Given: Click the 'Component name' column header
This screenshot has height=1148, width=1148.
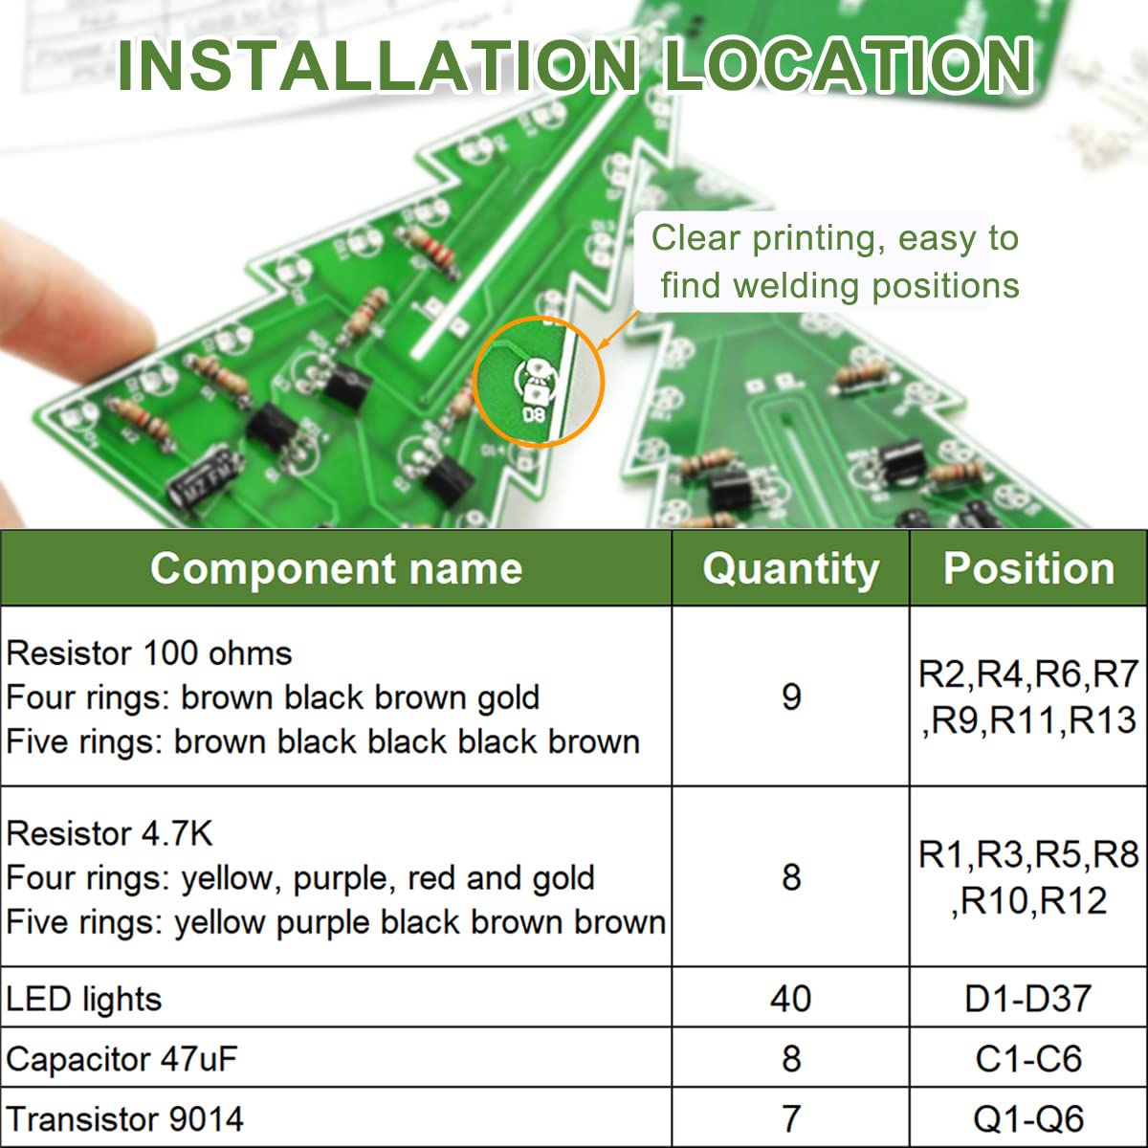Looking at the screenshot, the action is [x=336, y=568].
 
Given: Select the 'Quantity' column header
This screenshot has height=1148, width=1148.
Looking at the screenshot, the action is [x=790, y=568].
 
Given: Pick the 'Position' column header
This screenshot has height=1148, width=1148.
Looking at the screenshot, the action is [x=1028, y=568].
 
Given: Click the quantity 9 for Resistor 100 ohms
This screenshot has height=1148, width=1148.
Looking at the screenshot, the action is [x=790, y=696].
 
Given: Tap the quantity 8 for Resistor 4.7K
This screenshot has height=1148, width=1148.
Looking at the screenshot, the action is [x=790, y=876].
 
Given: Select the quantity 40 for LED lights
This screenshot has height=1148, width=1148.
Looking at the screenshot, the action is [x=790, y=999].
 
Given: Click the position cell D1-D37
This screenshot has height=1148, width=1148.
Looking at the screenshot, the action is [x=1028, y=999].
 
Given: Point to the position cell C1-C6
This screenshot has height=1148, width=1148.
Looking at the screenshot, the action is [x=1028, y=1059].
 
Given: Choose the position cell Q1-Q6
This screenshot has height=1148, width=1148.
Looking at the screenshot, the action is [x=1028, y=1118].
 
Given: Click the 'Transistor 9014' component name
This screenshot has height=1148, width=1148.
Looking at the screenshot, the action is [x=124, y=1118].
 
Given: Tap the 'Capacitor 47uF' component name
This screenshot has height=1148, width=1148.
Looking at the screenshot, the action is [x=121, y=1059].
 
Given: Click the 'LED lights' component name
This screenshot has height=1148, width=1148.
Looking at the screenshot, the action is [x=84, y=999].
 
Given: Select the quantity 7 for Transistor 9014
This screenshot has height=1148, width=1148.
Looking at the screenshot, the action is [x=790, y=1118].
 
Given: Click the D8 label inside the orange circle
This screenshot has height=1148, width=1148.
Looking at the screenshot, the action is [x=533, y=414].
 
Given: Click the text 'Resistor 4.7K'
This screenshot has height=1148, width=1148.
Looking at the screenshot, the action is [x=109, y=833].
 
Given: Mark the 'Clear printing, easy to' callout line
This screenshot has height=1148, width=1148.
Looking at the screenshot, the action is [x=835, y=238].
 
